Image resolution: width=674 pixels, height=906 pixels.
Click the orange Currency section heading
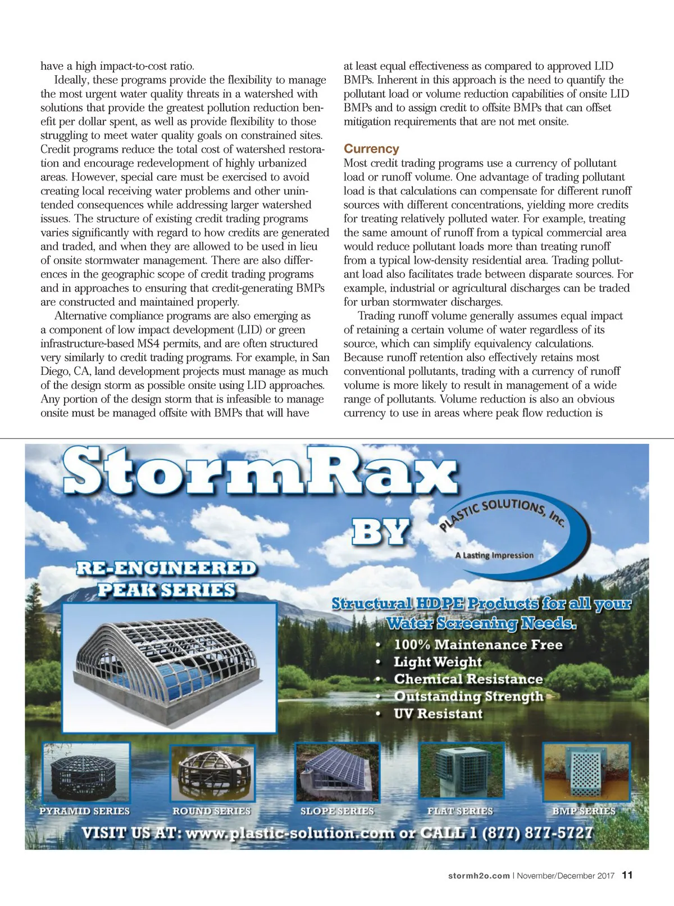pos(371,149)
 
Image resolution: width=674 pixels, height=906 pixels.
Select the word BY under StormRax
pos(380,531)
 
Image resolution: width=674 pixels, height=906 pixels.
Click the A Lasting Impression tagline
pos(494,555)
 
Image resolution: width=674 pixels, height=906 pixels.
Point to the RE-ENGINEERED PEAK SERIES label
pos(166,579)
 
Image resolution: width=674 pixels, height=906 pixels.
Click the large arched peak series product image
pos(169,667)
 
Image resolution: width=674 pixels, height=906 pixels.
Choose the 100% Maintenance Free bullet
pos(477,645)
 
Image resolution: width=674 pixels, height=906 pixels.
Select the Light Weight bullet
pos(438,662)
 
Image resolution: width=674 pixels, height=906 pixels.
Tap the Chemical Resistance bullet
pos(468,679)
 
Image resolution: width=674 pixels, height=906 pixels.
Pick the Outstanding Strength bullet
pos(468,696)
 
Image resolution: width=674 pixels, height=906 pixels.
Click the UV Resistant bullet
pos(438,714)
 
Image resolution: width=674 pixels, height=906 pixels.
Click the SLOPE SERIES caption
pos(337,811)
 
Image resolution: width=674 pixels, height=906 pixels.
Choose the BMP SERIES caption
pos(584,811)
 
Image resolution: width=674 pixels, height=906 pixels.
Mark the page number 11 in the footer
pos(627,875)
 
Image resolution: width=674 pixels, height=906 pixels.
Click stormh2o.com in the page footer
pos(479,876)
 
